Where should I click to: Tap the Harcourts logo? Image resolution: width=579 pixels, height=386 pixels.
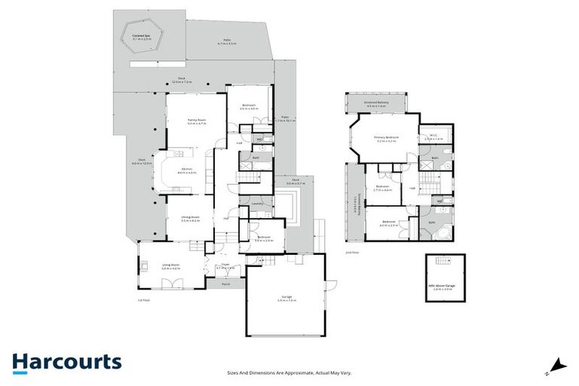[x=66, y=361]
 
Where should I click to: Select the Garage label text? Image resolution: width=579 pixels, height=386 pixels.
[x=285, y=299]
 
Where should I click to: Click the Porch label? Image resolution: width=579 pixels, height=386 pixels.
[x=225, y=284]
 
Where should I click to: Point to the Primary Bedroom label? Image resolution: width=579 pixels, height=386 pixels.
[x=386, y=137]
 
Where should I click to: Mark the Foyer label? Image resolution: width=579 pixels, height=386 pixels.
[x=225, y=265]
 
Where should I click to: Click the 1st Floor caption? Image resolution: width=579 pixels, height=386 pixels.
[x=142, y=300]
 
